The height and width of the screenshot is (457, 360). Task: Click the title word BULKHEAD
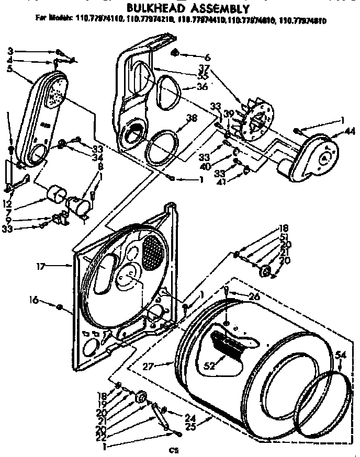pos(148,8)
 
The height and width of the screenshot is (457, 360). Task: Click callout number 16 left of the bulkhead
pos(33,300)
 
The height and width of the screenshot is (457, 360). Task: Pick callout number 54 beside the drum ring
pos(341,356)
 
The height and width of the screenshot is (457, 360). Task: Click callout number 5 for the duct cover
pos(10,69)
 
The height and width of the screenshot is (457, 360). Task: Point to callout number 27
pos(149,367)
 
